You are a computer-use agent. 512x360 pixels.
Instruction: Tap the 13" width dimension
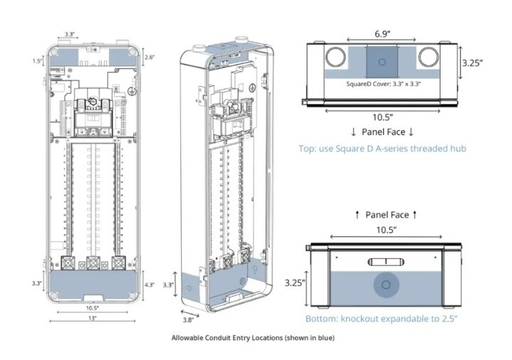(x=93, y=318)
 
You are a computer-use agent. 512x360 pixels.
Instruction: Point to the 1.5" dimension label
(x=37, y=61)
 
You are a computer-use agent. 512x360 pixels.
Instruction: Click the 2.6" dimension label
(x=150, y=57)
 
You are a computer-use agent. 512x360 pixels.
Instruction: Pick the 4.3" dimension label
(x=150, y=285)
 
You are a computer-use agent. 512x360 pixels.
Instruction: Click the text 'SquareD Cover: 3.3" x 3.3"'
(x=385, y=84)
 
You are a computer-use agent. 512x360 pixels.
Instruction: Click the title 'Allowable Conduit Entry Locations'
(x=253, y=338)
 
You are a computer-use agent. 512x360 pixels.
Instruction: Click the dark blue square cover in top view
(x=383, y=61)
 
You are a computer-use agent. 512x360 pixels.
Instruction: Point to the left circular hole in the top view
(x=335, y=57)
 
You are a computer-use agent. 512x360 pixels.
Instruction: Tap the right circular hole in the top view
(x=429, y=57)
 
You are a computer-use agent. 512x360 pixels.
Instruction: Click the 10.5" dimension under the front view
(x=92, y=308)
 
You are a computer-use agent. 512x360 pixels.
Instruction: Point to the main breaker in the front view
(x=93, y=114)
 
